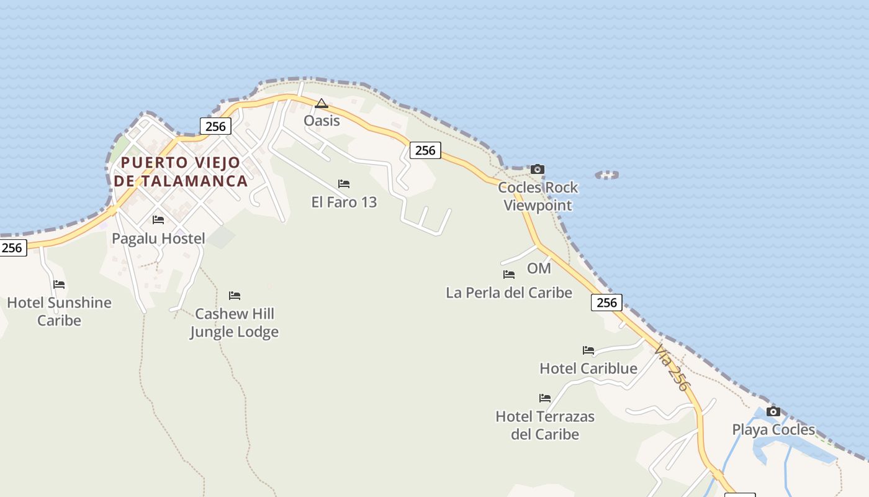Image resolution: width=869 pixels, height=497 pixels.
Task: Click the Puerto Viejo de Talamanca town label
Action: coord(181,171)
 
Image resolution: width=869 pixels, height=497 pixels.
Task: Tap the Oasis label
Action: coord(322,121)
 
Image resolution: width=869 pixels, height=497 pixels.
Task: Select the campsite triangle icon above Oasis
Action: coord(321,103)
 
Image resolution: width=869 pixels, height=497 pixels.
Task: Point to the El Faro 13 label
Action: coord(344,202)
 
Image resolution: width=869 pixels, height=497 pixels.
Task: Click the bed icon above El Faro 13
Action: coord(344,184)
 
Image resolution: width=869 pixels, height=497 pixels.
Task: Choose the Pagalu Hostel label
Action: coord(158,239)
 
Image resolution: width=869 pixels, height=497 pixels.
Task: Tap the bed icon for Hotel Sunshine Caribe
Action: coord(59,285)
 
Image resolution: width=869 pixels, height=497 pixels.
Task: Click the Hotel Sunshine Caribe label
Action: coord(59,311)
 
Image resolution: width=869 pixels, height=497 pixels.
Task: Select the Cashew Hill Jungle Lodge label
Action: coord(234,322)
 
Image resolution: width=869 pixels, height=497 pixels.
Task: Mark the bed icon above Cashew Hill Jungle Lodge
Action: coord(235,296)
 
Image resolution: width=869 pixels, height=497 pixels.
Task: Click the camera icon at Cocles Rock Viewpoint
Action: coord(538,169)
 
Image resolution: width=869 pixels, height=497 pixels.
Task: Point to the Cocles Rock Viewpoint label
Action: coord(538,196)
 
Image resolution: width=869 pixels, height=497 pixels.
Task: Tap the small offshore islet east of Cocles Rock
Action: coord(607,175)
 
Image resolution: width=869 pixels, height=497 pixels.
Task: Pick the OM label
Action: coord(539,268)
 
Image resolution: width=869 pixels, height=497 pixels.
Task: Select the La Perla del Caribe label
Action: coord(509,292)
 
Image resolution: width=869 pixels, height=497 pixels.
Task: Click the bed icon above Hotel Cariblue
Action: coord(588,350)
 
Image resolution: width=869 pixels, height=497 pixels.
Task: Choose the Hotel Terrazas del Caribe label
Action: coord(545,425)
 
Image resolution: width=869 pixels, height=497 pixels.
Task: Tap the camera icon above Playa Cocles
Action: coord(773,411)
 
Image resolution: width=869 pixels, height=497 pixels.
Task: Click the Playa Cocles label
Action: coord(773,429)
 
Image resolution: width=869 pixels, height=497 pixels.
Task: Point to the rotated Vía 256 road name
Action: coord(672,368)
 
